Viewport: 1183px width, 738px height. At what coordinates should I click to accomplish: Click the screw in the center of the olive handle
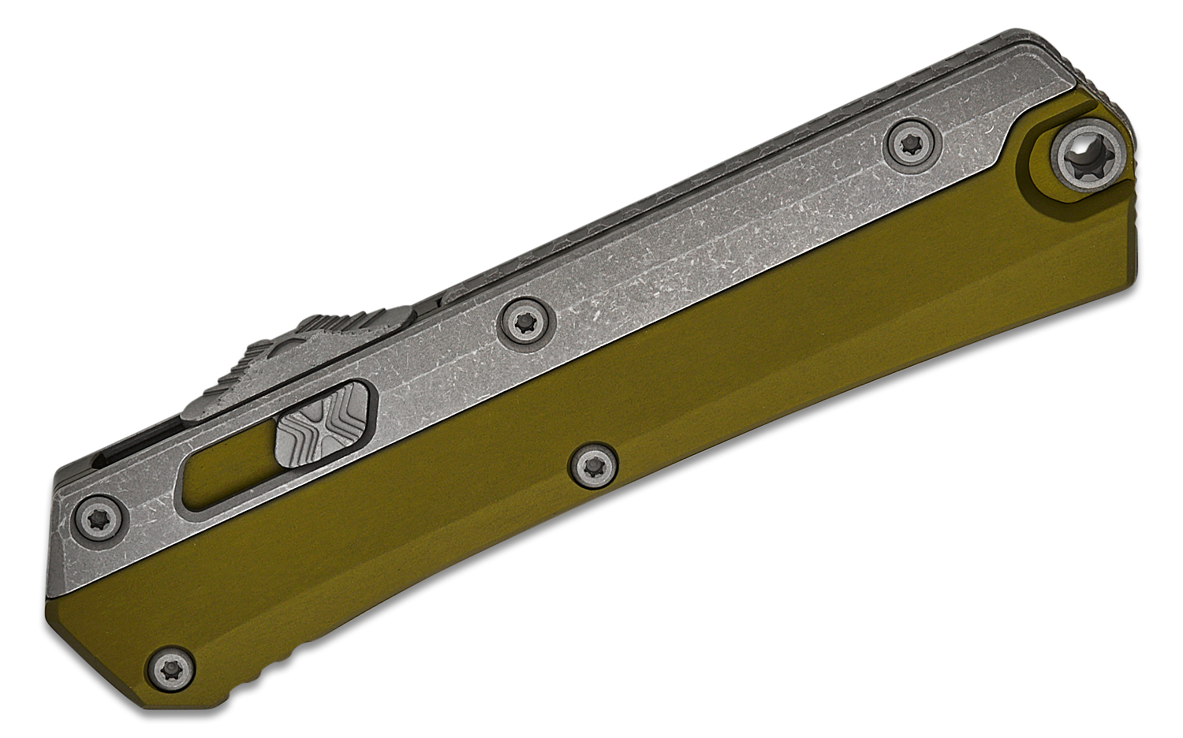click(x=593, y=465)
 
